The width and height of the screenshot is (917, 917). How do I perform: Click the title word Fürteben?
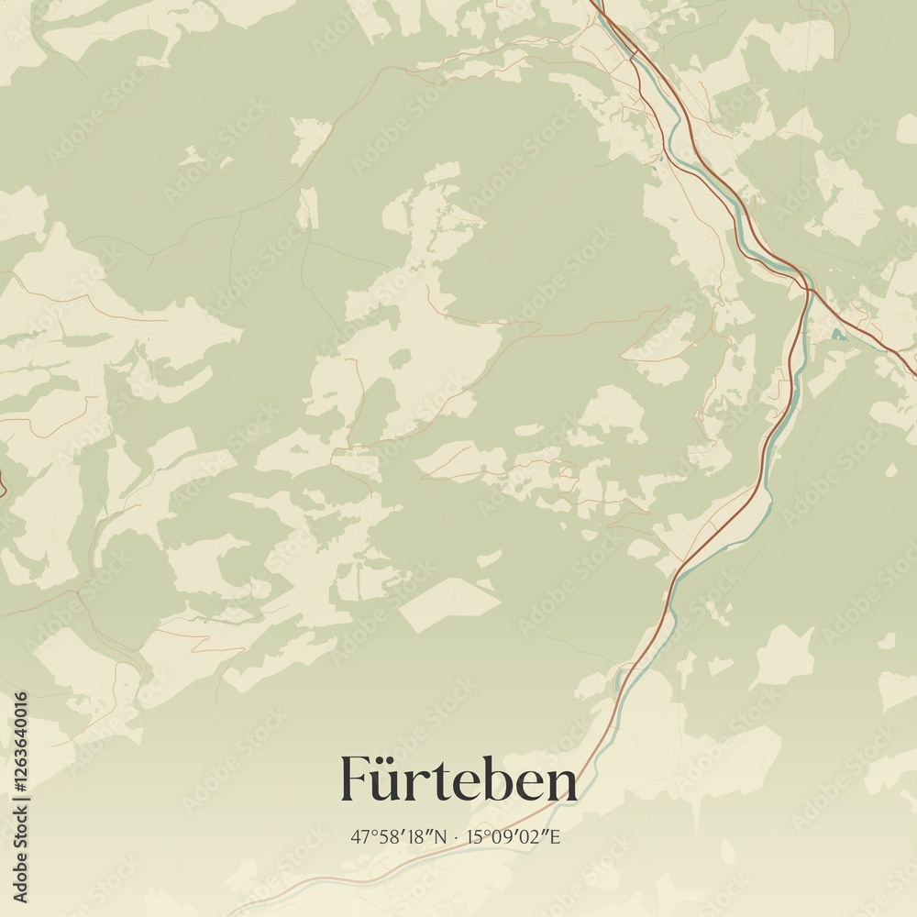tap(458, 780)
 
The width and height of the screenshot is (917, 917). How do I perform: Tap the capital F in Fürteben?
tap(356, 779)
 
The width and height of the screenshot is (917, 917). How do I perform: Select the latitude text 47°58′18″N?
tap(401, 837)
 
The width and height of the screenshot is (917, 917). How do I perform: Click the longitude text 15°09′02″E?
tap(514, 837)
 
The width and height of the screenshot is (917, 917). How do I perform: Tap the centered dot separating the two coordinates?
tap(458, 837)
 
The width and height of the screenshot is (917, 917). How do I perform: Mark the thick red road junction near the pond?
tap(810, 290)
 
